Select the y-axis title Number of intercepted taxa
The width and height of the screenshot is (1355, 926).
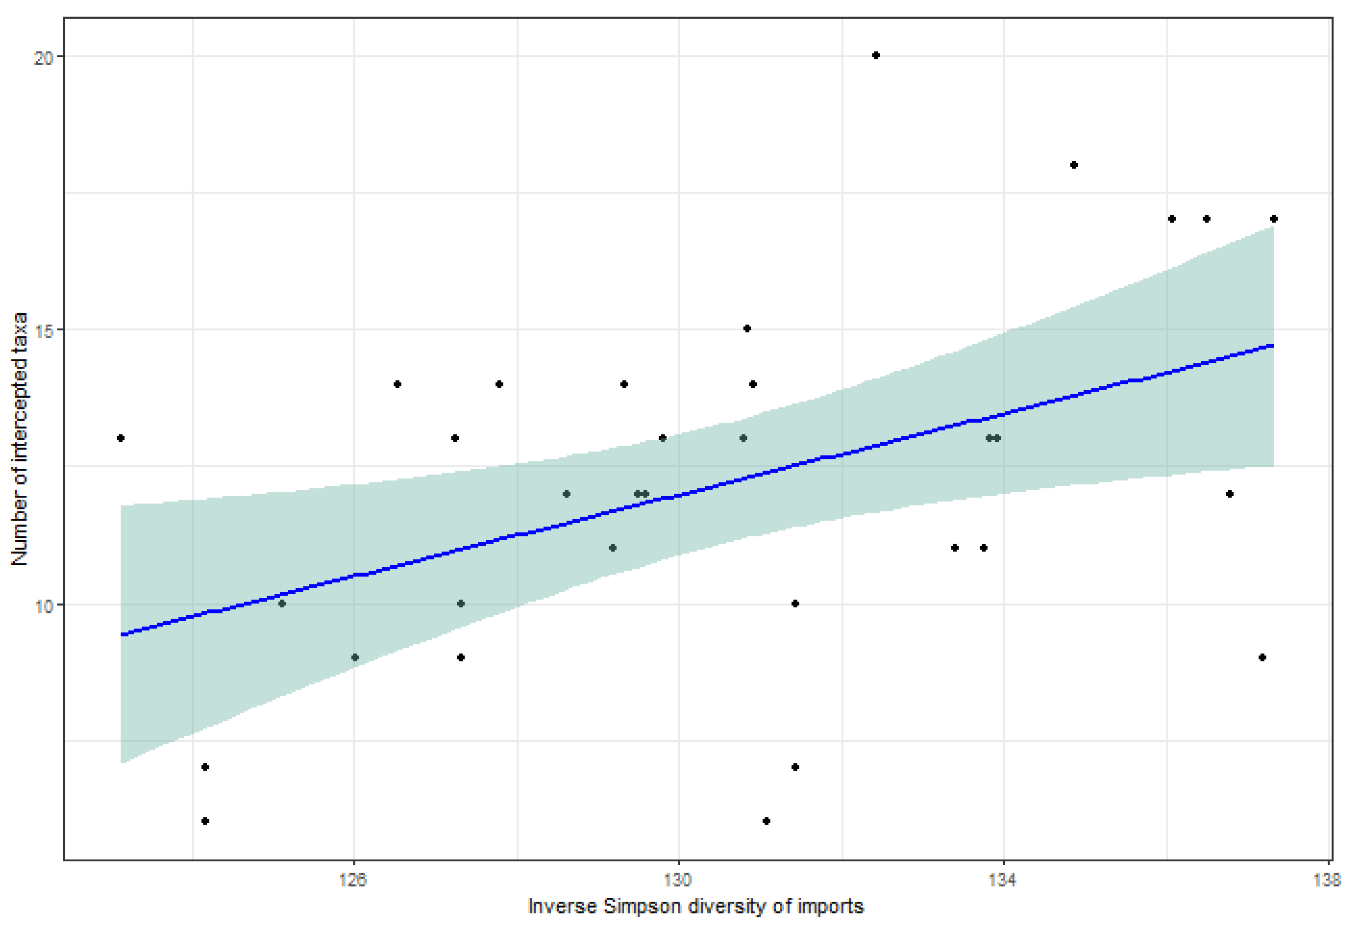tap(19, 439)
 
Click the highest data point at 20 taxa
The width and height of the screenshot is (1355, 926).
tap(876, 56)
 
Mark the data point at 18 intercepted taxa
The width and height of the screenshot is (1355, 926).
tap(1074, 165)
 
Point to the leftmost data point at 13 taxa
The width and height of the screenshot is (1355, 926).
tap(121, 438)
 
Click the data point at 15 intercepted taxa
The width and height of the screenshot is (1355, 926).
tap(747, 329)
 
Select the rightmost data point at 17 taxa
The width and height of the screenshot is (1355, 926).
tap(1274, 219)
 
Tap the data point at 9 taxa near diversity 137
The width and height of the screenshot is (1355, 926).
tap(1262, 657)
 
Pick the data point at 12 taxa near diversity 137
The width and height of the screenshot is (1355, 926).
tap(1229, 494)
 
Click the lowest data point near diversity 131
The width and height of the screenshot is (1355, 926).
tap(767, 821)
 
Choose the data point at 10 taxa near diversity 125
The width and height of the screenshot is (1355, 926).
tap(282, 604)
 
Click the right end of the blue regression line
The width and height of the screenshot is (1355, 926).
tap(1273, 346)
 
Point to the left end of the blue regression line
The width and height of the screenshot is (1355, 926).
tap(121, 634)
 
